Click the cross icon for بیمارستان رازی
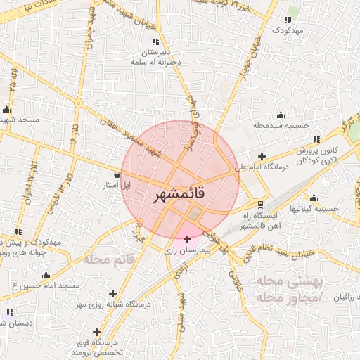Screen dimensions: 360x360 pos(187,239)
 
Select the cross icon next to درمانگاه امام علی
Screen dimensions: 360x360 pos(262,156)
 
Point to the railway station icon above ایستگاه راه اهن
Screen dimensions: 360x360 pos(261,203)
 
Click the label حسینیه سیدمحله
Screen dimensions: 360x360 pos(282,125)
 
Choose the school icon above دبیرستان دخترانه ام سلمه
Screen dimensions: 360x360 pos(155,43)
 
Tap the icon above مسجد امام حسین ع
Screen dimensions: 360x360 pos(46,275)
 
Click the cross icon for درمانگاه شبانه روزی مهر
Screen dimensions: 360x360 pos(112,293)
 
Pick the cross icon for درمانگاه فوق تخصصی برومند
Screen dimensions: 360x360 pos(96,332)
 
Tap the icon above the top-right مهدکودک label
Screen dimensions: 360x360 pos(289,20)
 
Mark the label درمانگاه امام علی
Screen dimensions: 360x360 pos(262,168)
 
